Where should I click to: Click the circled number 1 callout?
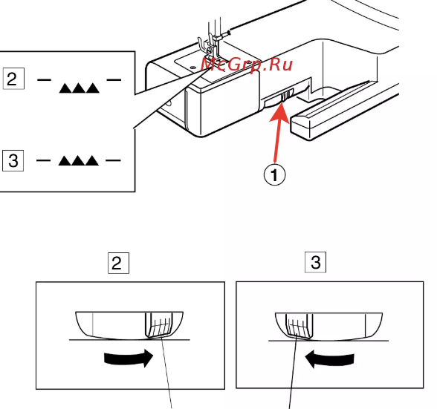click(274, 174)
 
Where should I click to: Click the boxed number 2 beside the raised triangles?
click(13, 79)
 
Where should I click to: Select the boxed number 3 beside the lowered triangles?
click(13, 160)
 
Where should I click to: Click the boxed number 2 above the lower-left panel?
click(118, 263)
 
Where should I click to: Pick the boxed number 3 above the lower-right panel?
click(315, 262)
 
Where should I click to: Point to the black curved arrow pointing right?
click(129, 358)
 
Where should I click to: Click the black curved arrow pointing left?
click(329, 359)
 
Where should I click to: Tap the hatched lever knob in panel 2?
click(158, 325)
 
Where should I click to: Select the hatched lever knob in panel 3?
click(300, 326)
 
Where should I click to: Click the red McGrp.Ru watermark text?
click(247, 65)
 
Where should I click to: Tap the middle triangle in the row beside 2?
click(79, 88)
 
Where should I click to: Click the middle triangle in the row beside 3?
click(79, 160)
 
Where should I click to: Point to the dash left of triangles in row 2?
click(44, 80)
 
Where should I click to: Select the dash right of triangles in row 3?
click(113, 160)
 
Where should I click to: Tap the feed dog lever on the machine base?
click(285, 96)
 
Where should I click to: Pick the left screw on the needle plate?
click(192, 68)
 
